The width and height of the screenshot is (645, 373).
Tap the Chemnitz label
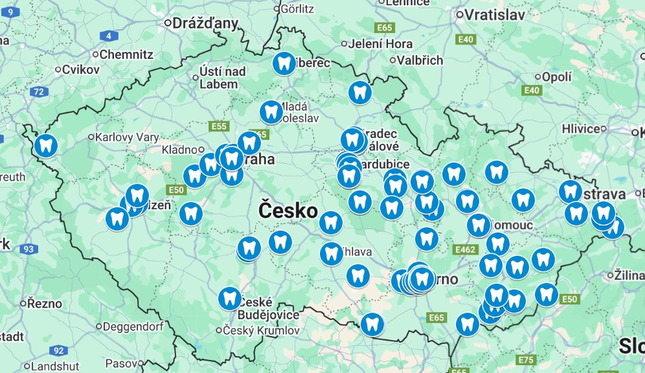[x=126, y=55]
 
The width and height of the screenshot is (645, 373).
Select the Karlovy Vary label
[x=126, y=137]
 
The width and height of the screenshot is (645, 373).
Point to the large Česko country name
[x=288, y=210]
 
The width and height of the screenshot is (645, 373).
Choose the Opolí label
[x=557, y=77]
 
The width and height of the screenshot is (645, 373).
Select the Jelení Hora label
[x=380, y=44]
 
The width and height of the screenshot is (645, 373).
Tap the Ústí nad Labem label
[x=222, y=77]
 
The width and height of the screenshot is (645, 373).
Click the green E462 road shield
[x=466, y=249]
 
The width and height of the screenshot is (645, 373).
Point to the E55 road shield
[x=219, y=126]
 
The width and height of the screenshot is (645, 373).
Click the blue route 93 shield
[x=28, y=249]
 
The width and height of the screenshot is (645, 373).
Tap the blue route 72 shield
[x=39, y=91]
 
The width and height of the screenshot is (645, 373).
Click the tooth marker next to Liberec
[x=284, y=63]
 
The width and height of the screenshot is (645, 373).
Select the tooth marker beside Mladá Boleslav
[x=271, y=111]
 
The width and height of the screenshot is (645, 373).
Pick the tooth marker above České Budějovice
[x=230, y=298]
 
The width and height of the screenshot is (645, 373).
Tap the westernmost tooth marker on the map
[x=46, y=145]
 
